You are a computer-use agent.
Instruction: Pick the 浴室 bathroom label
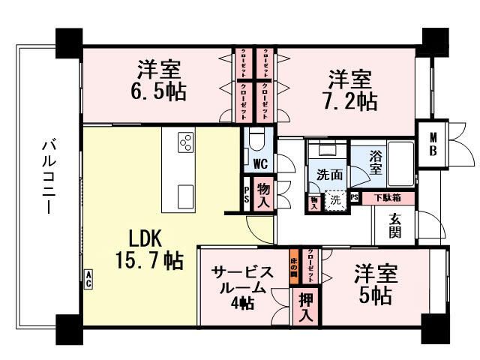(x=379, y=163)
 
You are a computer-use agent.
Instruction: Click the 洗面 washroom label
(x=329, y=174)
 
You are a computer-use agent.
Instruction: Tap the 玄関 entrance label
(x=394, y=225)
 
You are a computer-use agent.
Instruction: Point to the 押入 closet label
(x=306, y=307)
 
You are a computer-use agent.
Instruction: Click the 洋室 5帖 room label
(x=373, y=283)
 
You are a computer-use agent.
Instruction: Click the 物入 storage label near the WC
(x=263, y=193)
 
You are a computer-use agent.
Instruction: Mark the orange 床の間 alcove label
(x=294, y=264)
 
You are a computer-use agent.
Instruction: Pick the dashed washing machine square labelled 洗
(x=336, y=200)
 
